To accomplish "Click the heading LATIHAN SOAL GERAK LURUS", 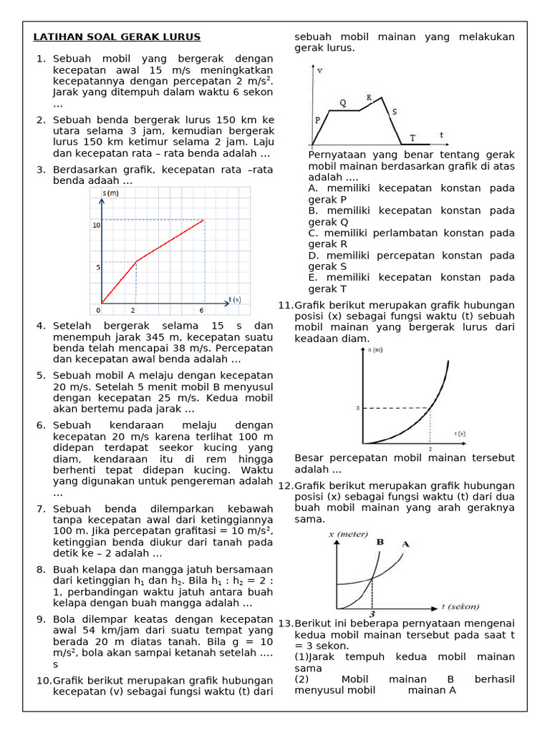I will tap(117, 37).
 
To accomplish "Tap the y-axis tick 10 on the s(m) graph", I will tap(95, 225).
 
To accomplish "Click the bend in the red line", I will tap(136, 261).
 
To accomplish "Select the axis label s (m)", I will tap(110, 193).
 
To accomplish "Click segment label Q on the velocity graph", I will tap(342, 103).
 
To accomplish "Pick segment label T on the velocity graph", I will tap(412, 137).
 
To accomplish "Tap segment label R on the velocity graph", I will tap(369, 97).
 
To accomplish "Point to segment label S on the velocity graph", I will tap(394, 112).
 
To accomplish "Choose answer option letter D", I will tap(313, 256).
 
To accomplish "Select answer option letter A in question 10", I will tap(313, 188).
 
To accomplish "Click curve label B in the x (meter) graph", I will tap(380, 542).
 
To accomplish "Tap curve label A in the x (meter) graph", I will tap(405, 544).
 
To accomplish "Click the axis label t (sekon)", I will tap(460, 606).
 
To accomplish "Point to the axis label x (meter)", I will tap(348, 534).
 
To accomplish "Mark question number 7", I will tap(40, 509).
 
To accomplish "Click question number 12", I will tap(285, 486).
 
